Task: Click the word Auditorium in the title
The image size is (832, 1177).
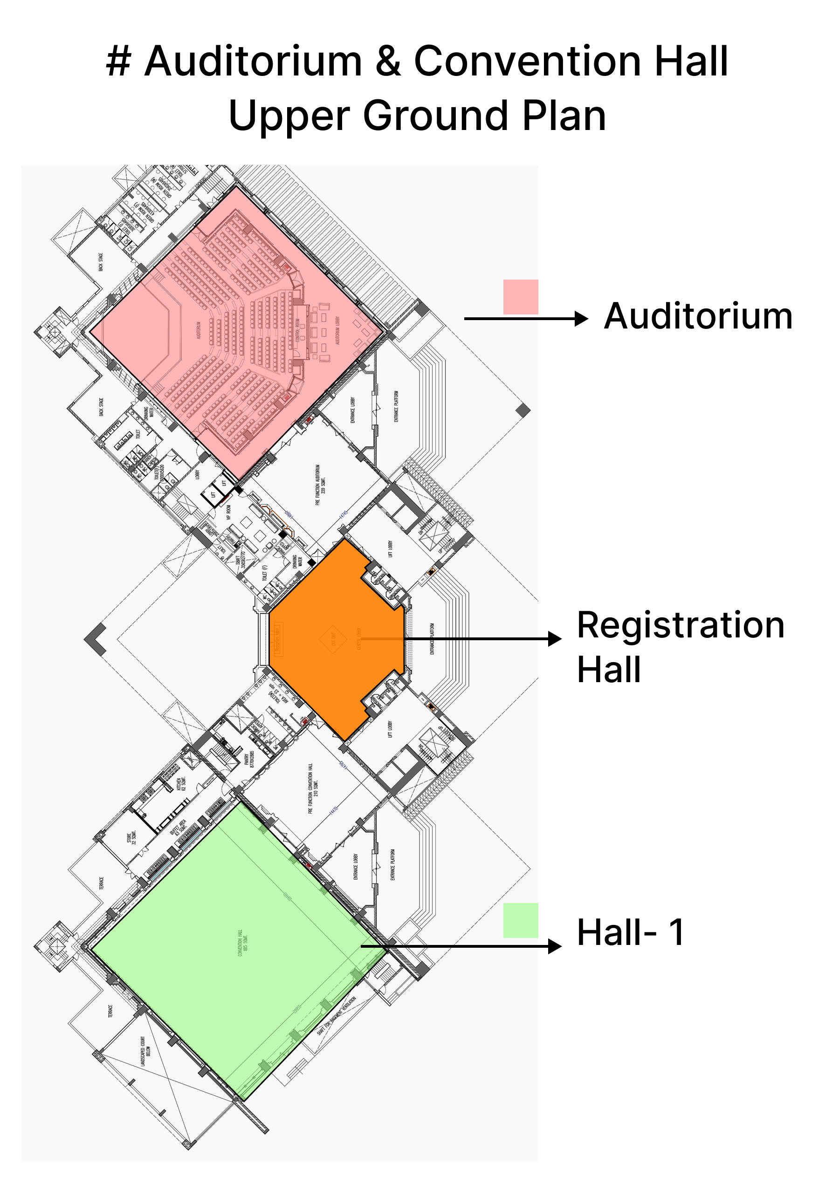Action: tap(254, 62)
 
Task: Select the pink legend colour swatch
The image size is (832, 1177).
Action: tap(520, 297)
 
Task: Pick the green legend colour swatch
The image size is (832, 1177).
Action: tap(520, 920)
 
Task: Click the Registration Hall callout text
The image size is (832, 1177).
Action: tap(680, 647)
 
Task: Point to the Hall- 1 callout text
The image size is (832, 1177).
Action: tap(631, 932)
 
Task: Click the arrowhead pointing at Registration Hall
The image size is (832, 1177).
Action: tap(555, 639)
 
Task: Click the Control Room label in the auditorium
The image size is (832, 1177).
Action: tap(298, 331)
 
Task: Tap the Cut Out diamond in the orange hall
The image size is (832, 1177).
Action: tap(333, 639)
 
